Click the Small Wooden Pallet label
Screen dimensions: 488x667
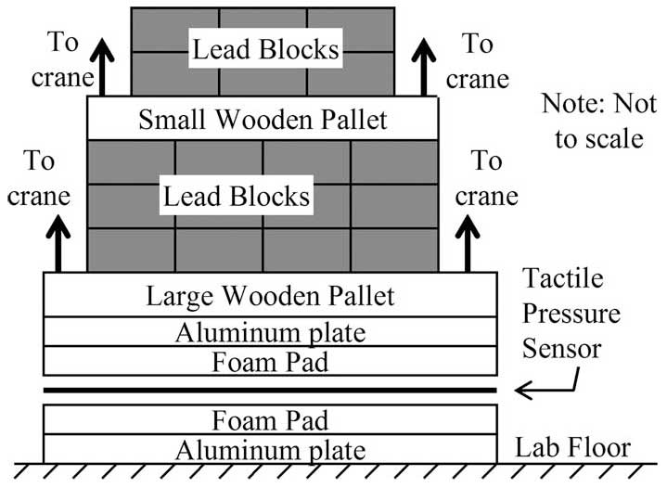pyautogui.click(x=263, y=119)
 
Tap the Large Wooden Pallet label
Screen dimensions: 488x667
pyautogui.click(x=270, y=296)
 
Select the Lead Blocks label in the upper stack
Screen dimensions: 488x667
pyautogui.click(x=266, y=50)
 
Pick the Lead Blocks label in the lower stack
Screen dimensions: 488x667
pyautogui.click(x=237, y=197)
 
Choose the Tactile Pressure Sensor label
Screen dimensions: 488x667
pyautogui.click(x=570, y=314)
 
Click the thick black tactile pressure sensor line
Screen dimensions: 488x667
pyautogui.click(x=270, y=392)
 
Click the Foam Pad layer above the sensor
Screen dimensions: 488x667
pyautogui.click(x=270, y=362)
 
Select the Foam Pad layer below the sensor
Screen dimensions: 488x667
pyautogui.click(x=270, y=420)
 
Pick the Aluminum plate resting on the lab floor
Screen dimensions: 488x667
pyautogui.click(x=270, y=450)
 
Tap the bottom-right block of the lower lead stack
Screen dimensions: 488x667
pyautogui.click(x=394, y=250)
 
